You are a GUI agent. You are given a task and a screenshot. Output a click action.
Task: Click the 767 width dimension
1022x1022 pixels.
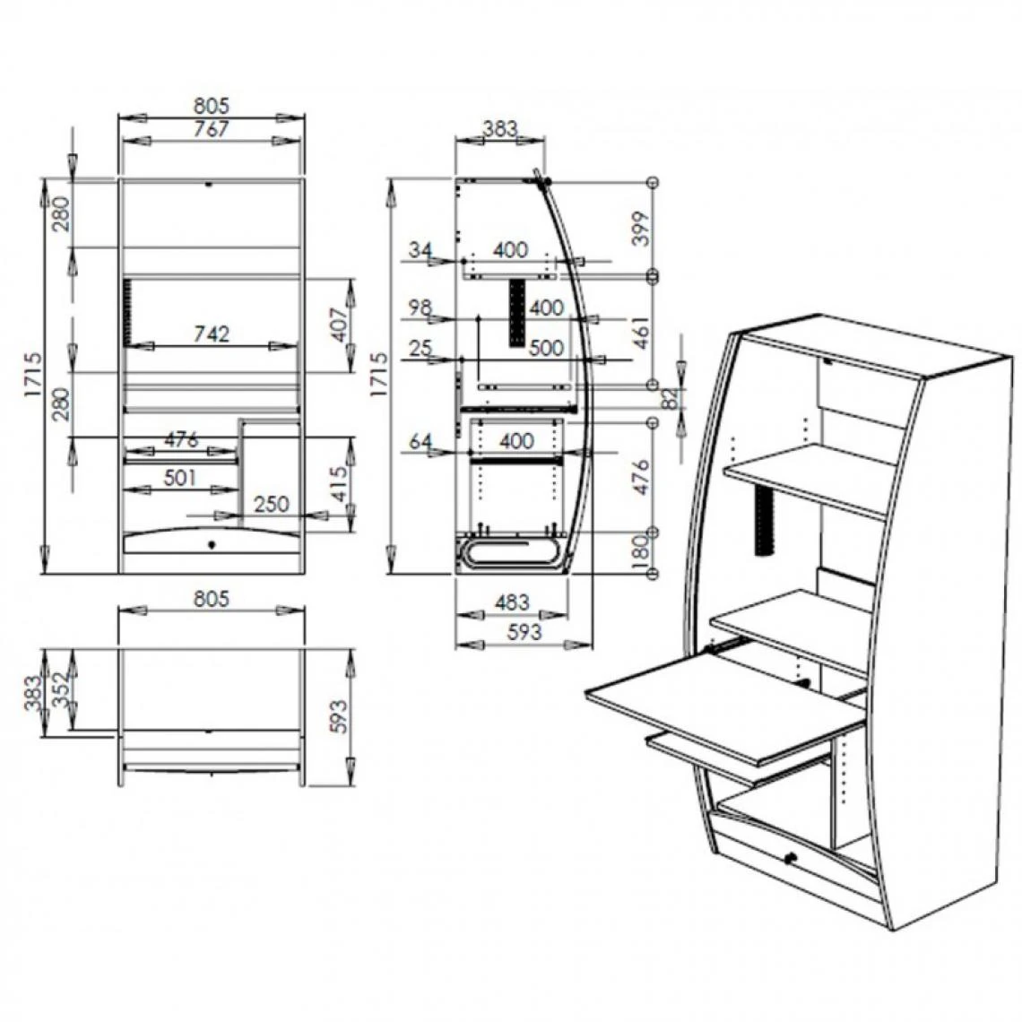coord(212,129)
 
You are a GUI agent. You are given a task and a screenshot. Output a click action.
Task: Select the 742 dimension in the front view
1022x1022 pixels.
coord(212,333)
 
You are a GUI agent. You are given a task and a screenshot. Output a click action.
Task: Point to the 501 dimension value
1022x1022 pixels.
coord(180,478)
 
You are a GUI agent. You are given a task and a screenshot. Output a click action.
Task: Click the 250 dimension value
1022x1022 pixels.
coord(272,504)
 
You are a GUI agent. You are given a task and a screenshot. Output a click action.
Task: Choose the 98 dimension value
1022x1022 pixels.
coord(420,307)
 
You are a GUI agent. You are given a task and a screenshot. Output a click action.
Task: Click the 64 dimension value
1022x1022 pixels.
coord(420,441)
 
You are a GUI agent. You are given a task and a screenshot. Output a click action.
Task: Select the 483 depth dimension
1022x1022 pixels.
coord(511,602)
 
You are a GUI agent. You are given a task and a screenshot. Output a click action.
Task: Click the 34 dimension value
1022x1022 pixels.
coord(420,250)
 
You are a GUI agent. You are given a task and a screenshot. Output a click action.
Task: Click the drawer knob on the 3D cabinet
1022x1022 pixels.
coord(791,860)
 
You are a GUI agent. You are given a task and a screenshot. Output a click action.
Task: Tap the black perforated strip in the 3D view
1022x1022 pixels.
coord(765,524)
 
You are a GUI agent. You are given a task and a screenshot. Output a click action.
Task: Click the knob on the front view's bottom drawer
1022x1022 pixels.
coord(212,544)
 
